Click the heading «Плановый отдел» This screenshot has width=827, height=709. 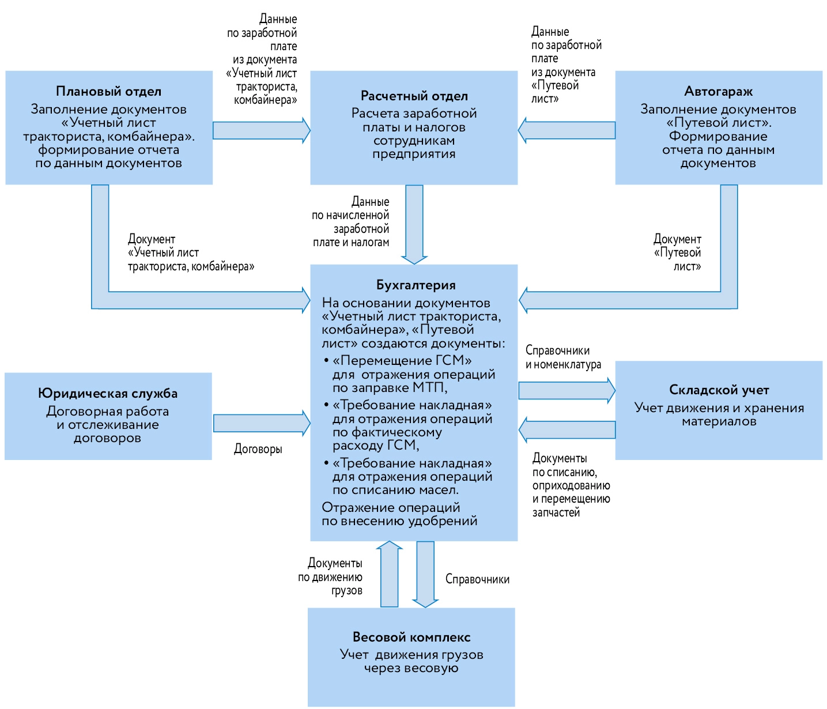click(x=108, y=91)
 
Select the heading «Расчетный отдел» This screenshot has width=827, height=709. click(x=414, y=96)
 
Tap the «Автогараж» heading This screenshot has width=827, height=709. click(x=718, y=91)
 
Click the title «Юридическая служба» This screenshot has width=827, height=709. click(x=108, y=393)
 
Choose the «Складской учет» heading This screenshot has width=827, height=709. click(x=719, y=390)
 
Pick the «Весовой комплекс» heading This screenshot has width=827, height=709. click(x=411, y=637)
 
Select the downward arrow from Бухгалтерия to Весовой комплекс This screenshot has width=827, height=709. click(x=425, y=574)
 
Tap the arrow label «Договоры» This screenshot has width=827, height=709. click(x=258, y=449)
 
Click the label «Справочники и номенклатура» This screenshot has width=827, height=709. click(x=562, y=357)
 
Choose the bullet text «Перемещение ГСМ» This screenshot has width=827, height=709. click(x=402, y=360)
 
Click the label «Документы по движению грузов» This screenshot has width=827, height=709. click(x=331, y=576)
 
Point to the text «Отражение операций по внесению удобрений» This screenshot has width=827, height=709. click(x=399, y=514)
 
